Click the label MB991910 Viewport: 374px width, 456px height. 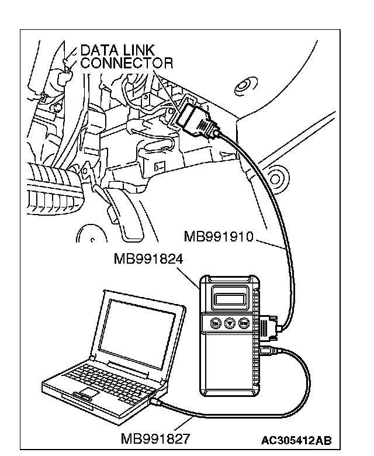[x=219, y=236]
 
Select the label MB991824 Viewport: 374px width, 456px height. [x=148, y=258]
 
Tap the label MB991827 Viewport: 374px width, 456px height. [x=155, y=439]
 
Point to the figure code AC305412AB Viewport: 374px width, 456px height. [x=296, y=441]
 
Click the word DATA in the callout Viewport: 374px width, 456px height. [x=99, y=50]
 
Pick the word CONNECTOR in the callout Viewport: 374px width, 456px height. [x=126, y=63]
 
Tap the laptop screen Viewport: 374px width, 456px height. [x=137, y=333]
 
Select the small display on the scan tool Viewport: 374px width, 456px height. [x=228, y=298]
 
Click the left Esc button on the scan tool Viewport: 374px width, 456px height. [x=216, y=323]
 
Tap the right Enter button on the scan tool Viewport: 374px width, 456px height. [x=243, y=323]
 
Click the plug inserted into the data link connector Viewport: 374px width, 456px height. [x=197, y=120]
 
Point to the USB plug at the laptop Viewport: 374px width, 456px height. [x=155, y=401]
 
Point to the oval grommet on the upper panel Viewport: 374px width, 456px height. [x=245, y=87]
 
